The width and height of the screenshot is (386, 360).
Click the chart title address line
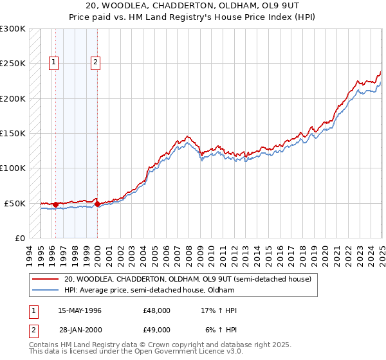pos(193,8)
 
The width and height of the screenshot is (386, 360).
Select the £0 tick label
pos(20,238)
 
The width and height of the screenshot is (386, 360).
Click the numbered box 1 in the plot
pos(53,62)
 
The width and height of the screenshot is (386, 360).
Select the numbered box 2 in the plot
pos(95,62)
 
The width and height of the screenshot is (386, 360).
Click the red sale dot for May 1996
pos(56,204)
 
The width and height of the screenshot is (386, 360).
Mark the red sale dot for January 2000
pos(97,204)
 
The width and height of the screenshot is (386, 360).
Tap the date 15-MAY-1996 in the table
pos(80,310)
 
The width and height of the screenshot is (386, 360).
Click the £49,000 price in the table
pos(157,330)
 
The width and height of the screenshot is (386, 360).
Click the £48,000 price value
pos(157,310)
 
